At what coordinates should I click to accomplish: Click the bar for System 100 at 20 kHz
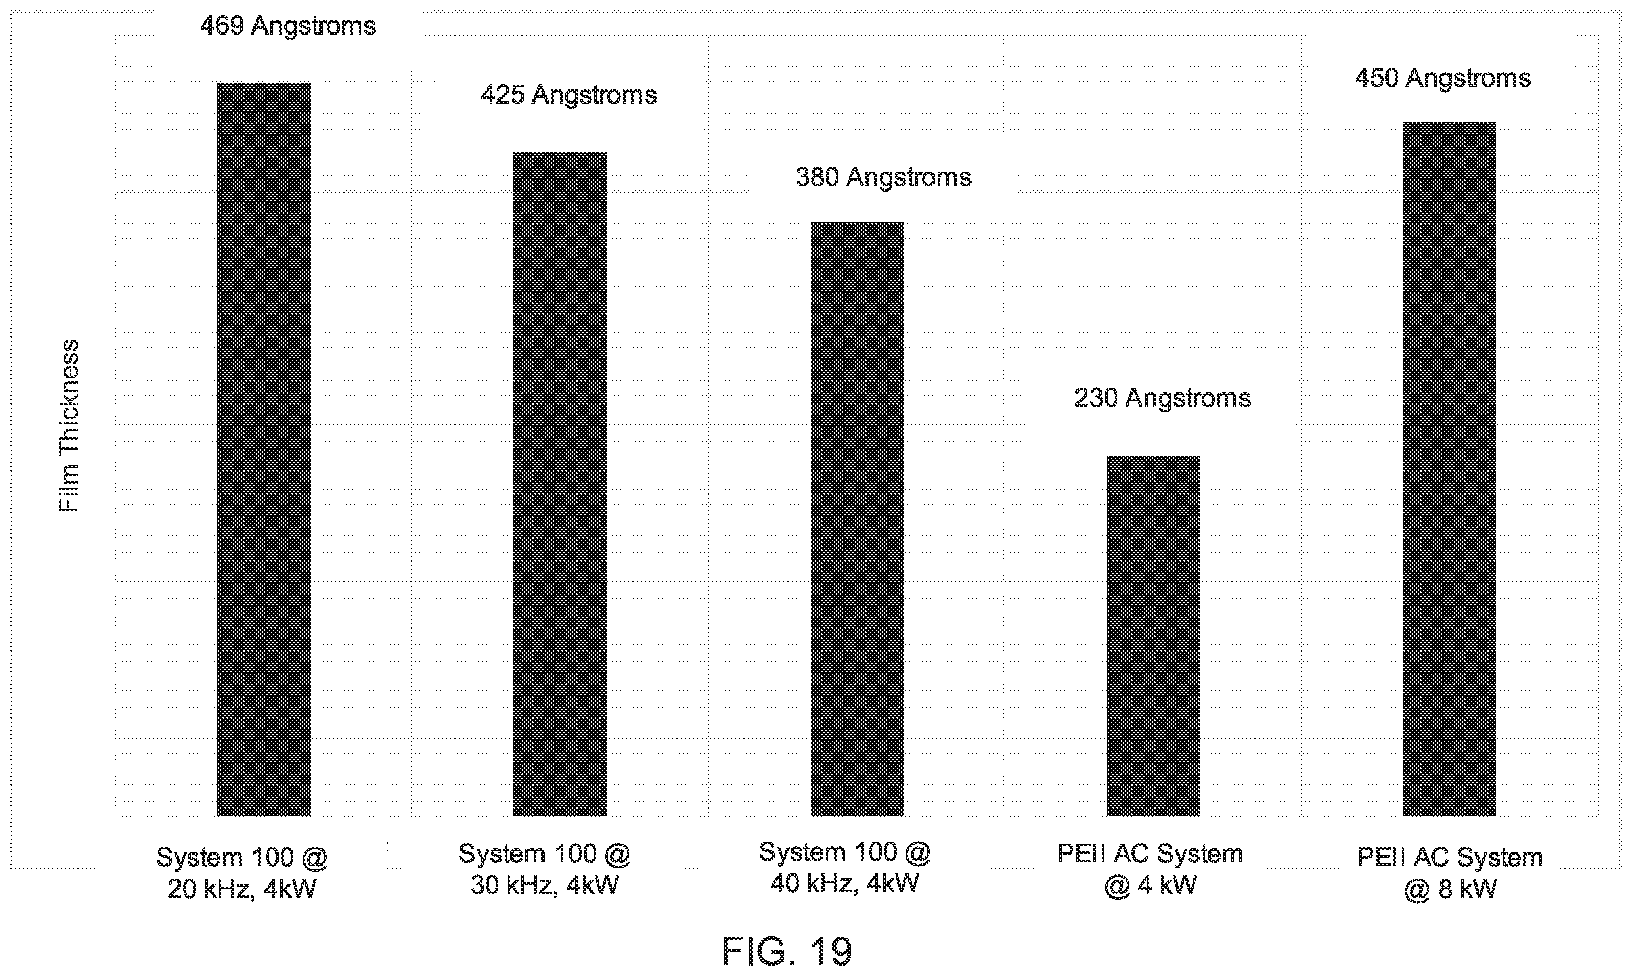point(264,449)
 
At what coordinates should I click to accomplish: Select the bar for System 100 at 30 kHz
point(560,484)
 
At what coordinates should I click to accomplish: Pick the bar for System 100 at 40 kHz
point(857,519)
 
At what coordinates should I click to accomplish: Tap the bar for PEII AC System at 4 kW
point(1152,636)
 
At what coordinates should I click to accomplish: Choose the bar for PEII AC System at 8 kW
point(1449,469)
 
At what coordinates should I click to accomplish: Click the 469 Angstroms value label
point(288,26)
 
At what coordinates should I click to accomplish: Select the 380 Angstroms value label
point(883,177)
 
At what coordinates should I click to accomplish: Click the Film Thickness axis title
point(69,425)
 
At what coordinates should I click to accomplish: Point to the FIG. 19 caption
point(787,951)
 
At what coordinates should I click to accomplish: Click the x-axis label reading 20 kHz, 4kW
point(241,889)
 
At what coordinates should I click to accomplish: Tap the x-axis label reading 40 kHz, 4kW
point(845,883)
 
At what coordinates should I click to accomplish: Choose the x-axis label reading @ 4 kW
point(1150,885)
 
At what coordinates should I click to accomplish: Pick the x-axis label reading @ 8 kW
point(1450,889)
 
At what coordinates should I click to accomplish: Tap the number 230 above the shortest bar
point(1096,398)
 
